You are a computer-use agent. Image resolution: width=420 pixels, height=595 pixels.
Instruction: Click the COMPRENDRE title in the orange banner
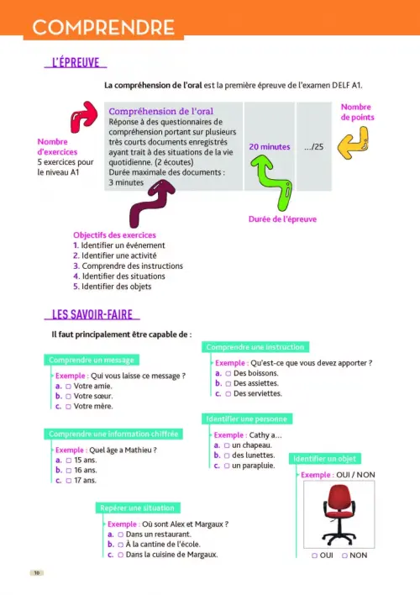coord(103,28)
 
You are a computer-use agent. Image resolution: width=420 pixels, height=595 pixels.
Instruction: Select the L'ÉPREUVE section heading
coord(76,63)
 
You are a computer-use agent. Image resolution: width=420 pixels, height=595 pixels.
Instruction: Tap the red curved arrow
coord(84,117)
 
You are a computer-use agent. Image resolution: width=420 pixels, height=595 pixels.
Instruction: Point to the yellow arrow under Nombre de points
coord(354,143)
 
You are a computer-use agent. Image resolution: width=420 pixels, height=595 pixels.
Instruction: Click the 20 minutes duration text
coord(270,147)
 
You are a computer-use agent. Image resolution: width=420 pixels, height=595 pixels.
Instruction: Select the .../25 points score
coord(314,147)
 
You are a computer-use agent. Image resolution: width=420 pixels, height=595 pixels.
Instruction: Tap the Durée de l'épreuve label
coord(282,219)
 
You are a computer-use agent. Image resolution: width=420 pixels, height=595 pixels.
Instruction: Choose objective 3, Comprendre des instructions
coord(128,266)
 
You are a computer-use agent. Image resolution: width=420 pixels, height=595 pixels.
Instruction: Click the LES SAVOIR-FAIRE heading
coord(92,314)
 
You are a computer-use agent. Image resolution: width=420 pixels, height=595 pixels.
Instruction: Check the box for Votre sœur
coord(68,397)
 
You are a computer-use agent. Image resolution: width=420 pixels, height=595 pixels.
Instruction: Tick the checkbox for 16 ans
coord(69,471)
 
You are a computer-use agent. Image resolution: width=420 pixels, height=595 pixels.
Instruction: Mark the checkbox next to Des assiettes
coord(228,383)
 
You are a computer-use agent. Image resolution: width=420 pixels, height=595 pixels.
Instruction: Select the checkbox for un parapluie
coord(227,466)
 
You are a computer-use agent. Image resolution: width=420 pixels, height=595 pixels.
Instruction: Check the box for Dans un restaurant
coord(120,534)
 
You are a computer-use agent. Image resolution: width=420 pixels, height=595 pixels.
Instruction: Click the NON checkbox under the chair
coord(344,556)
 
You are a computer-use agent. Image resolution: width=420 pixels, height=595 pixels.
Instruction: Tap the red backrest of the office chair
coord(339,498)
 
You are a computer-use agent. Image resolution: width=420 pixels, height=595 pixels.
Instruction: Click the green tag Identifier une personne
coord(247,419)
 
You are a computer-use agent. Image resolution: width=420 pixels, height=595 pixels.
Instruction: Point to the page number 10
coord(37,572)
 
